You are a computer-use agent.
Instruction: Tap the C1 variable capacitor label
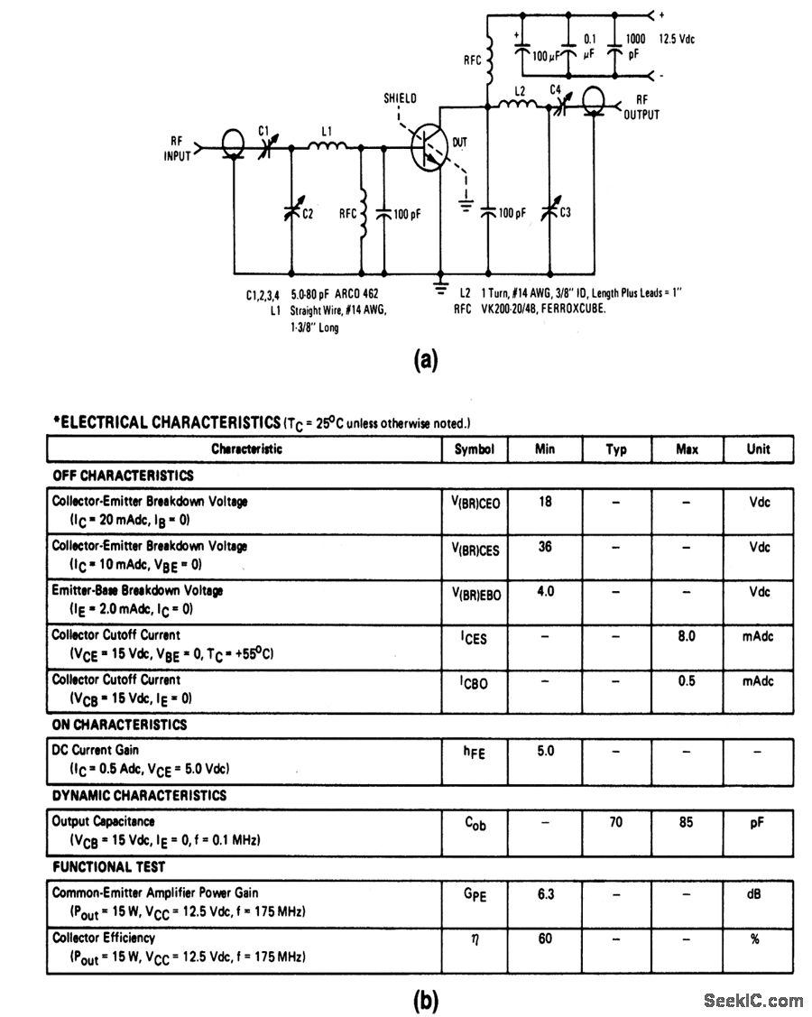point(264,130)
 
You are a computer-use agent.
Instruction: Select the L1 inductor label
point(327,130)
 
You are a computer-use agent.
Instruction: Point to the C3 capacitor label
point(566,213)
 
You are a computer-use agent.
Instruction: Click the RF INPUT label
point(177,147)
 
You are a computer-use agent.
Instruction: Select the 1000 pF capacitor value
point(635,47)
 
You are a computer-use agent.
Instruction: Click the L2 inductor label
point(519,92)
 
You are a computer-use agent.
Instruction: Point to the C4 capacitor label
point(556,89)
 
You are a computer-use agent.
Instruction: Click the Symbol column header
point(475,448)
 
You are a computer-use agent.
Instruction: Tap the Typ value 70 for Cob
point(616,822)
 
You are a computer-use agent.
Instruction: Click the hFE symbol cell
point(475,753)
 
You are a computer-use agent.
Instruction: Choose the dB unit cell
point(758,893)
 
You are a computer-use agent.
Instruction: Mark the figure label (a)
point(425,361)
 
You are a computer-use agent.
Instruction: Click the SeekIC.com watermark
point(752,1000)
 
